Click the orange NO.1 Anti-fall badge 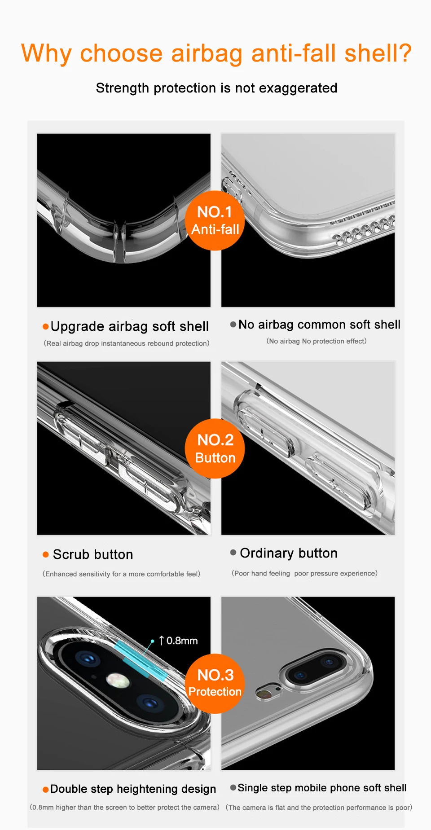(215, 220)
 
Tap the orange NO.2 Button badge (215, 448)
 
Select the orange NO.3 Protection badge (215, 683)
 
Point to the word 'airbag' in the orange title (207, 54)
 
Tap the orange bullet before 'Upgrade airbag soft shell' (45, 326)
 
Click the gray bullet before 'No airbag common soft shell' (233, 324)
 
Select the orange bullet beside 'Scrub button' (45, 554)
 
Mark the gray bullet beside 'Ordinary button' (233, 552)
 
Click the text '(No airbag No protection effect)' (317, 341)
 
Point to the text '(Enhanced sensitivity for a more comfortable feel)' (121, 574)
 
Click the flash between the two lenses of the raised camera (118, 681)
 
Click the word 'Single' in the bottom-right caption (252, 788)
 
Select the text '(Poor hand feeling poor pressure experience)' (304, 573)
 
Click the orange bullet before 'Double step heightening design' (45, 790)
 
